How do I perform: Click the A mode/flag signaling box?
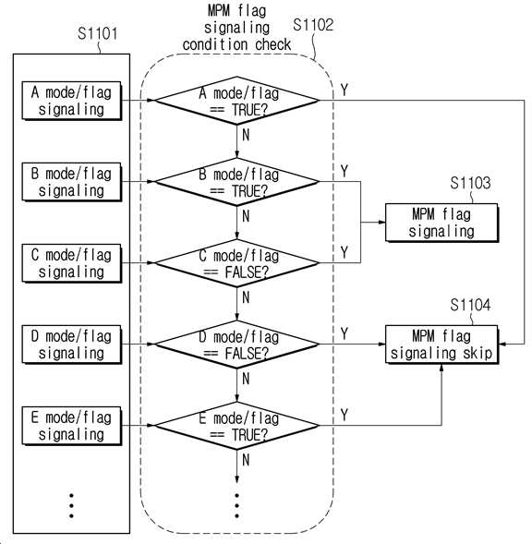[72, 101]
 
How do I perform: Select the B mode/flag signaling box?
[72, 182]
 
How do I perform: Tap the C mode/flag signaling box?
[72, 263]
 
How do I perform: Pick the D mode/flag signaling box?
[72, 345]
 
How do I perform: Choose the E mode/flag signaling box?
[72, 426]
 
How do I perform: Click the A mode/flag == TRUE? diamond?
[236, 101]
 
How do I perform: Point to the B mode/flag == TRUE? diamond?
[236, 182]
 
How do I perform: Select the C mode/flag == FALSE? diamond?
[236, 263]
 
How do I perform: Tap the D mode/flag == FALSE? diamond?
[236, 345]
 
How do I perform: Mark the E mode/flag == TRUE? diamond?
[236, 426]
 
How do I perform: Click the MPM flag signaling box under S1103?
[441, 223]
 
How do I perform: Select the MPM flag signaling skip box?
[441, 345]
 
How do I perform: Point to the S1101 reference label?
[98, 33]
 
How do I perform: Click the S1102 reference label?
[313, 25]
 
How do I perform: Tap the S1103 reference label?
[470, 183]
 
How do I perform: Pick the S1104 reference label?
[470, 306]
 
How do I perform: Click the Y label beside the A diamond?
[344, 90]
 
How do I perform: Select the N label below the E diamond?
[246, 460]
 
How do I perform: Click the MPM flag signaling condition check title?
[236, 28]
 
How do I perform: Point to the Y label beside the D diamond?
[344, 333]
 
